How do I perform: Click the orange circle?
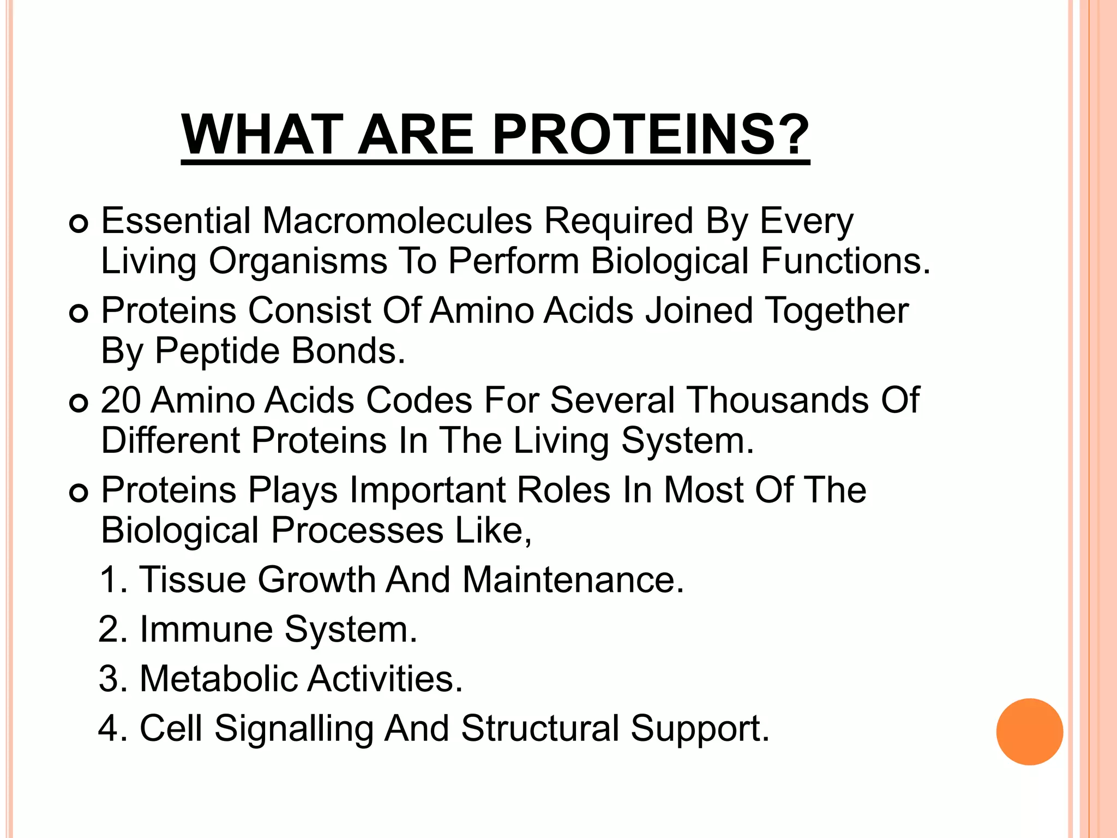click(x=1029, y=732)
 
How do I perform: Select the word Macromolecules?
click(x=398, y=221)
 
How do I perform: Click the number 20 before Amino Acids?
click(x=121, y=400)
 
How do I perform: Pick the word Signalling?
click(x=293, y=730)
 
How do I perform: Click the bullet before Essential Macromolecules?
click(x=79, y=224)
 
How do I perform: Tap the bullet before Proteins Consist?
click(x=79, y=314)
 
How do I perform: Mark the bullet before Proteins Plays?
click(x=79, y=493)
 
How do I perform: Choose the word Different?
click(x=171, y=440)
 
